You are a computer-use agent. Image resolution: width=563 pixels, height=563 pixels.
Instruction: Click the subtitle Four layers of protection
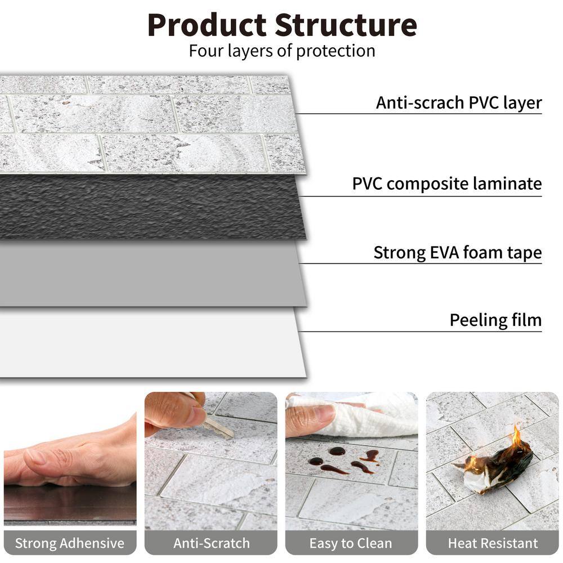coord(281,51)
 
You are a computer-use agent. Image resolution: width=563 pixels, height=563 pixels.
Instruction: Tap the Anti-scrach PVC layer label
coord(458,103)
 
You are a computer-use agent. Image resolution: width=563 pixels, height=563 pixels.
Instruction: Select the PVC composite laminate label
coord(446,184)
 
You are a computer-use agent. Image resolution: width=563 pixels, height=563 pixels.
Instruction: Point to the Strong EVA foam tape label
coord(457,253)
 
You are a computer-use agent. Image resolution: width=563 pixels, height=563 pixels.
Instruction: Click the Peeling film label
coord(495,320)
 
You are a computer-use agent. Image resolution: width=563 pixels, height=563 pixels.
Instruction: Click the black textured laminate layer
coord(152,205)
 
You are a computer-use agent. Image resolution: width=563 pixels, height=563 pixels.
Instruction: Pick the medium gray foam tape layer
coord(152,273)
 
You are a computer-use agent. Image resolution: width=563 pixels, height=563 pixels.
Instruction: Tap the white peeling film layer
coord(152,343)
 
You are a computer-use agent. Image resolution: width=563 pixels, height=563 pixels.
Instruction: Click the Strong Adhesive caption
coord(69,543)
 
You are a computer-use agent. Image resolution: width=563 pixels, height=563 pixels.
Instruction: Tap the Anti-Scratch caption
coord(211,543)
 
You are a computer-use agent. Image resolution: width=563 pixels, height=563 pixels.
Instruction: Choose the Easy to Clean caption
coord(351,543)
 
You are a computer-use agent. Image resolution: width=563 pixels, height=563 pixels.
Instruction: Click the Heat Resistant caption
coord(493,543)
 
